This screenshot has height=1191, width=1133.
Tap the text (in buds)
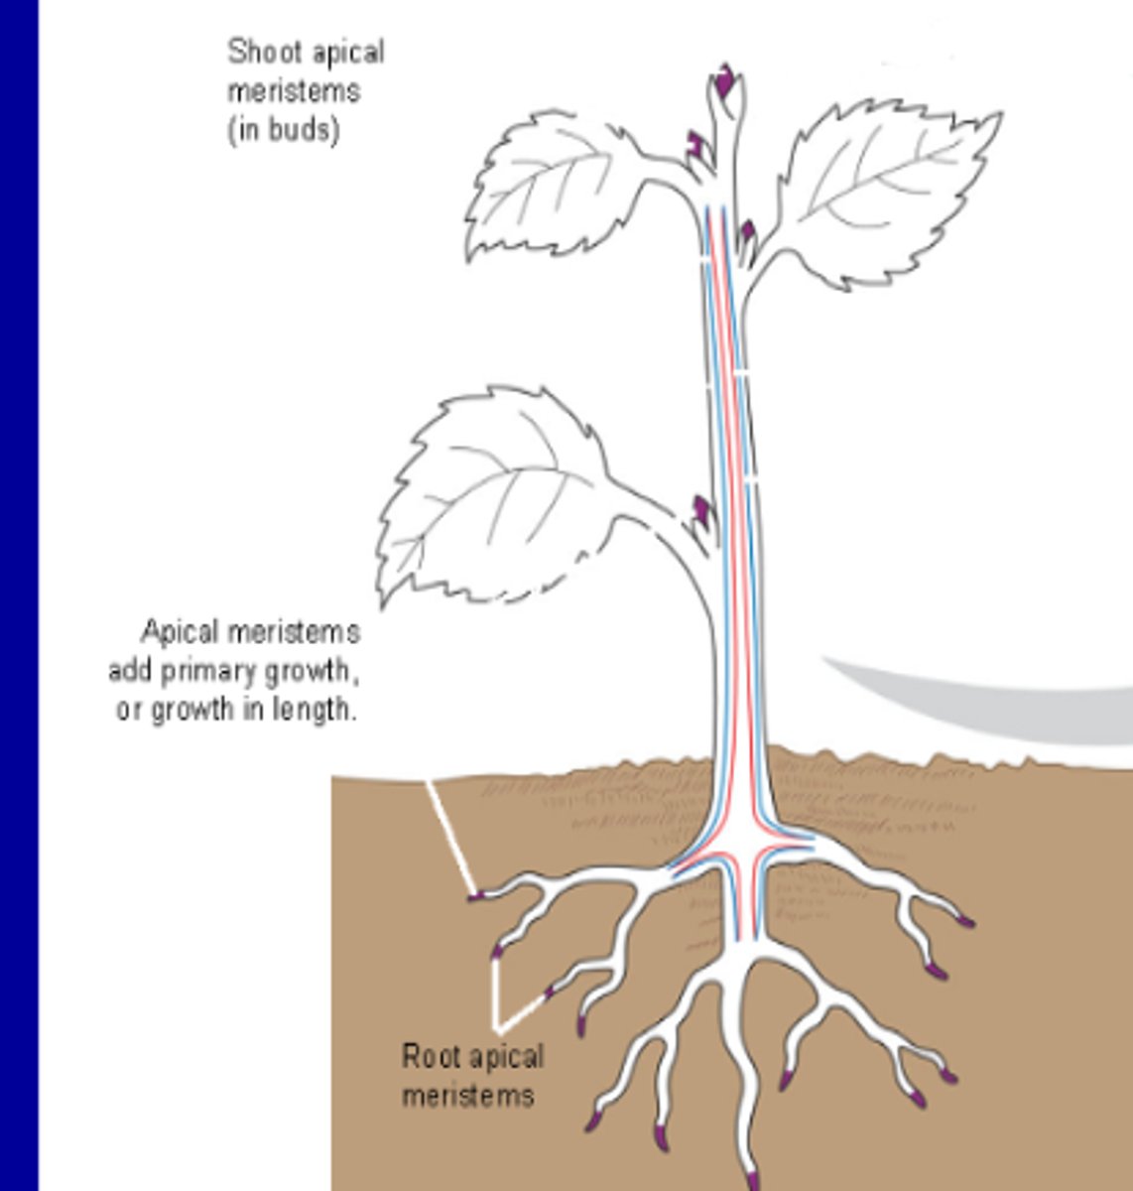coord(284,130)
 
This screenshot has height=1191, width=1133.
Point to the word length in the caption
coord(316,711)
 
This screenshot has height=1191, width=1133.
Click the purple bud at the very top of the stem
coord(726,79)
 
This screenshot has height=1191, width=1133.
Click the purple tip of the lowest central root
coord(752,1180)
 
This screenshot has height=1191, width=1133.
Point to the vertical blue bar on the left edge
coord(19,595)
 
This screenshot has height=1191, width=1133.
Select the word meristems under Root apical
coord(468,1095)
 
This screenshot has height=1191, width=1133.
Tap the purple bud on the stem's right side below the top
coord(747,235)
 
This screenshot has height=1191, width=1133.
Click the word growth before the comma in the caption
coord(306,672)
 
